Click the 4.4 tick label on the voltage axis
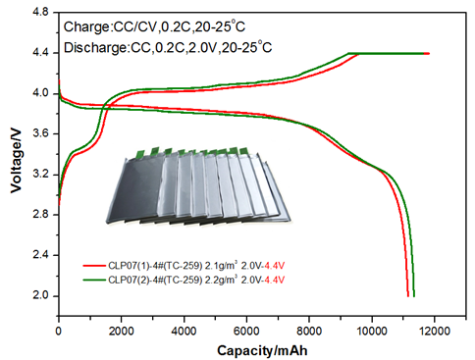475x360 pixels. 40,53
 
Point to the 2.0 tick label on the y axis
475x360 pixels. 40,295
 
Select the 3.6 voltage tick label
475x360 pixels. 40,133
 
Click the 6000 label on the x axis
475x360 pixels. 246,331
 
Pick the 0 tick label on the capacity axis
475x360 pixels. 59,331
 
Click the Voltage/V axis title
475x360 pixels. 16,161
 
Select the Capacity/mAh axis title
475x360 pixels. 262,350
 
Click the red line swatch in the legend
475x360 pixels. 94,266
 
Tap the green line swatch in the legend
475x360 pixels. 94,280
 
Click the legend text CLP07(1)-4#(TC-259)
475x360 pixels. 155,266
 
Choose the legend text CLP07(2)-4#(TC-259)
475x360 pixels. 155,280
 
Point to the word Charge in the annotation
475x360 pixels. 86,27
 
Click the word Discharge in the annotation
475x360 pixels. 95,48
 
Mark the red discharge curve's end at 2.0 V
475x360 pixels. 408,296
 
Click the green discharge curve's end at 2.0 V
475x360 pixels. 414,296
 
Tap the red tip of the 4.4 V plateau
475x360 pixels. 428,53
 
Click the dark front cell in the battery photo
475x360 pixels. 134,189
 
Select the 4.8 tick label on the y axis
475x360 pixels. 40,13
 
